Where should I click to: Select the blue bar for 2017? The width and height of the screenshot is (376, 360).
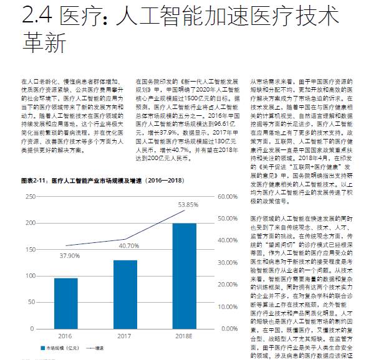click(x=125, y=295)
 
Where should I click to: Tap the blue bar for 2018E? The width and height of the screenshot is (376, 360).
click(x=185, y=275)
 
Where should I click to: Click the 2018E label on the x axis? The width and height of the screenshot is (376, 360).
click(x=185, y=336)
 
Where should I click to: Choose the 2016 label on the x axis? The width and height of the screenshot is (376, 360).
click(x=62, y=336)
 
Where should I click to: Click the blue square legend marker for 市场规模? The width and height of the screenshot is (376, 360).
click(x=44, y=349)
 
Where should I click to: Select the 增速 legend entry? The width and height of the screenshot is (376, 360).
click(x=95, y=349)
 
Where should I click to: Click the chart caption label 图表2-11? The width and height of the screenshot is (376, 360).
click(x=34, y=180)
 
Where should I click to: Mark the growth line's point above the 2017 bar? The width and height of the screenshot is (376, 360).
click(x=125, y=239)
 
